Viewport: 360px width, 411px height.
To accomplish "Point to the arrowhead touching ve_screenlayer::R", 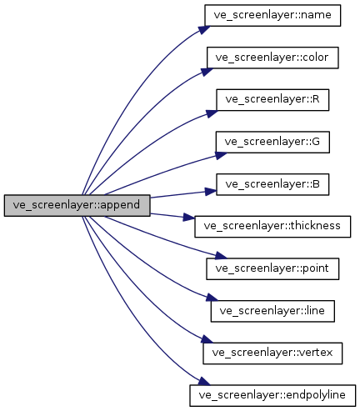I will pyautogui.click(x=212, y=107).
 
